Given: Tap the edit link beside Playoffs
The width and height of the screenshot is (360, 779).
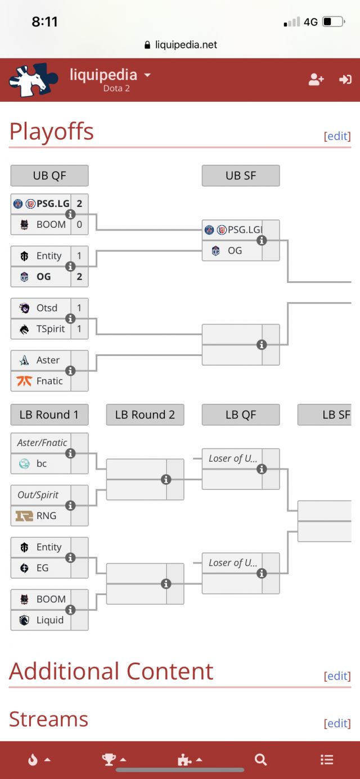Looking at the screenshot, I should coord(337,136).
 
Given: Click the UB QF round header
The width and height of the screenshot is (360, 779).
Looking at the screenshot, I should coord(49,175).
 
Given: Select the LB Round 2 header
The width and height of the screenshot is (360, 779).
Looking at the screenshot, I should coord(145,415).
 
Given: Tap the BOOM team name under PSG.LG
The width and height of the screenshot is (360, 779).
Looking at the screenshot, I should coord(51,224).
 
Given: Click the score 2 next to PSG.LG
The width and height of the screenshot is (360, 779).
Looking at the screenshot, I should coord(79,204).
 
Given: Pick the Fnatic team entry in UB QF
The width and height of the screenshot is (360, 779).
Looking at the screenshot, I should coord(49,381).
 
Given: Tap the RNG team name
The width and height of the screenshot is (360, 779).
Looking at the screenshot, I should coord(46,516).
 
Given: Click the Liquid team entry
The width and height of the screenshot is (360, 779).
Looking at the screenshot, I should coord(49,620).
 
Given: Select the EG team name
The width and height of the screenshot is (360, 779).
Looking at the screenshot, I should coord(43,568).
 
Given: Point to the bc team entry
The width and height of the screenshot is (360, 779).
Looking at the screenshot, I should coord(42,463).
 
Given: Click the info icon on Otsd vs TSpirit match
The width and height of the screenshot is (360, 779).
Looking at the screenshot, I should coord(70,319).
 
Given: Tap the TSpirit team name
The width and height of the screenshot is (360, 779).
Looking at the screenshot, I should coord(51,329).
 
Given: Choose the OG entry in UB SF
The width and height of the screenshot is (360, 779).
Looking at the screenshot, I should coord(235,251).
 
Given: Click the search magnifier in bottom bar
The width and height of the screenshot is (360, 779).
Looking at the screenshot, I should coord(260,760).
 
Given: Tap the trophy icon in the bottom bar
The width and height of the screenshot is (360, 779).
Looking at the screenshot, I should coord(109,760).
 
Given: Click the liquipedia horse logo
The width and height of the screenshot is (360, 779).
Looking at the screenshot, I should coord(33,80).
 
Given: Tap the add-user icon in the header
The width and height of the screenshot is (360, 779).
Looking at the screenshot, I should coord(316,80).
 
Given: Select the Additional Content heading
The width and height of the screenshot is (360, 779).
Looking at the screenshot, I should coord(111,671).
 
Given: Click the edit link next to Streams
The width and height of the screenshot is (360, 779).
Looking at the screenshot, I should coord(337,723).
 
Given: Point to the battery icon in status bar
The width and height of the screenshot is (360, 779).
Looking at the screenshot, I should coord(334,22).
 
